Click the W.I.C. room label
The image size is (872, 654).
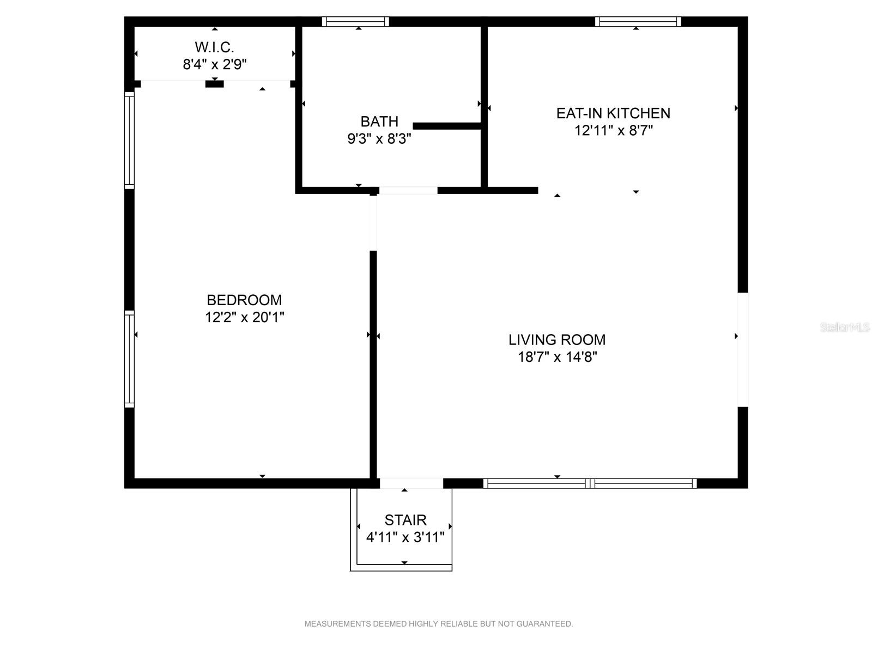click(214, 47)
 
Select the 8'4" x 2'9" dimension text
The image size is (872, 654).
click(215, 64)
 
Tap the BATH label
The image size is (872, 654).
click(379, 122)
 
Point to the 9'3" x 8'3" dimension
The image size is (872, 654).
click(379, 138)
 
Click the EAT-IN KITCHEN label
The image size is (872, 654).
click(613, 113)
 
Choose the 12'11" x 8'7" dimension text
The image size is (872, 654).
click(613, 130)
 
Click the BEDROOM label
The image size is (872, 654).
click(244, 300)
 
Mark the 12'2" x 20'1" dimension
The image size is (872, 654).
click(244, 317)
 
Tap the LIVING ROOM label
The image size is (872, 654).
click(557, 340)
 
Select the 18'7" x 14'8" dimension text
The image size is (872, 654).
click(558, 357)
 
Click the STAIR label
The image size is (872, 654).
click(405, 520)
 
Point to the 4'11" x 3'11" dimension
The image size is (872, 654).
click(405, 537)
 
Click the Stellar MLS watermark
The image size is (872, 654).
click(845, 327)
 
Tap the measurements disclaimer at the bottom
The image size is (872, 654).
click(439, 624)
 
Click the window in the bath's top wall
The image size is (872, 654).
click(355, 21)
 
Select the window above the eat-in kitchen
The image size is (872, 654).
click(638, 21)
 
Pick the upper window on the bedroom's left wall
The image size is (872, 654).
click(130, 141)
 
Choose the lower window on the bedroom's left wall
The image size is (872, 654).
click(130, 359)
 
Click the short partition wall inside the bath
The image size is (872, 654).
click(447, 126)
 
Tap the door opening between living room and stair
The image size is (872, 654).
click(411, 483)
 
